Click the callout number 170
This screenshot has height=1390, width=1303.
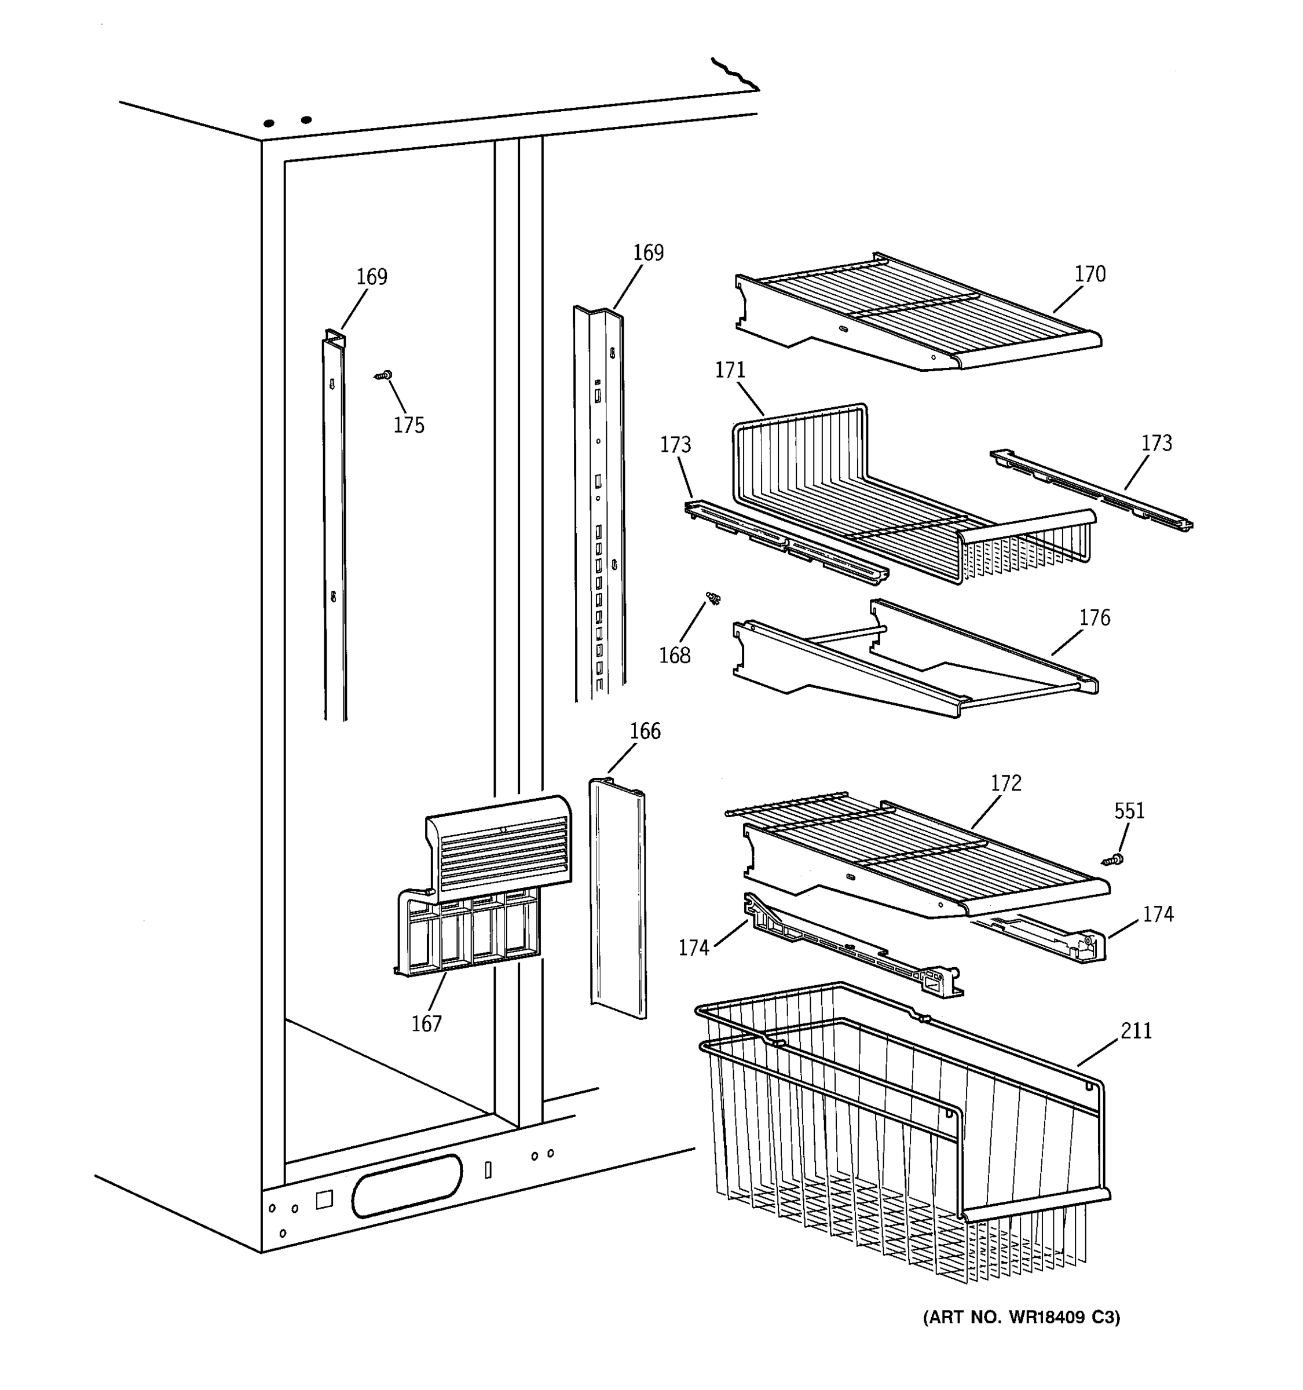pos(1089,274)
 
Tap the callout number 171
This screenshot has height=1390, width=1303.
pos(730,370)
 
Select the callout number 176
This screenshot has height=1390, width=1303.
pos(1094,617)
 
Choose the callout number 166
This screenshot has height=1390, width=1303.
pos(645,731)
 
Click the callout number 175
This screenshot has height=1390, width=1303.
pos(408,425)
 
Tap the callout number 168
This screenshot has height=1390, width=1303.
pos(675,655)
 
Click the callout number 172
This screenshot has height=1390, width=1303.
pos(1005,783)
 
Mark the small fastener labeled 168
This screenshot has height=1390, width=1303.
pos(713,598)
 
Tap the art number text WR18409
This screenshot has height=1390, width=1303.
pos(1046,1318)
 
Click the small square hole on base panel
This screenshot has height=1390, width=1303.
pos(324,1200)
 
